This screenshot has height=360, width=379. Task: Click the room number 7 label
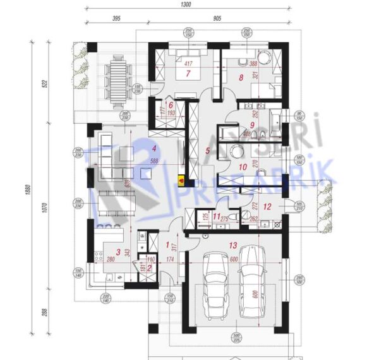tap(188, 73)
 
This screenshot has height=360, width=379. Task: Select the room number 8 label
tap(240, 78)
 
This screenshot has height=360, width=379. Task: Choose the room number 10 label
tap(243, 167)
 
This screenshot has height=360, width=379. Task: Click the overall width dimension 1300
tap(186, 4)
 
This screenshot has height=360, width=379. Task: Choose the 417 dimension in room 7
tap(188, 64)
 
